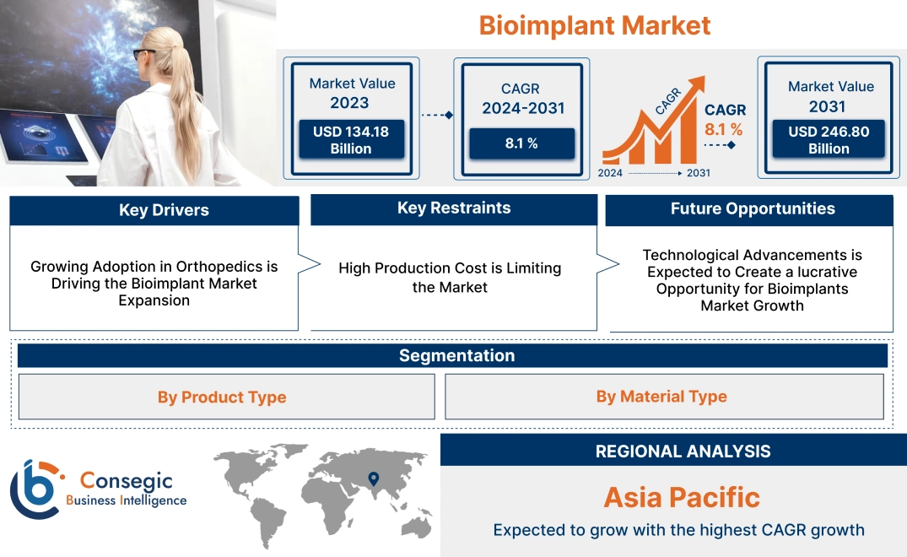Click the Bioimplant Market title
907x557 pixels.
pos(595,25)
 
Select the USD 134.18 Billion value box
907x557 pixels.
pos(350,139)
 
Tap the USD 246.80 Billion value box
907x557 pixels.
pos(829,139)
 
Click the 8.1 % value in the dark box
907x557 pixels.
pos(521,143)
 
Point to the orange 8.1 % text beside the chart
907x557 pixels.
pos(723,129)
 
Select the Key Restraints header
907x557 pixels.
pos(454,208)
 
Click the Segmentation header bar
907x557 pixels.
pos(456,355)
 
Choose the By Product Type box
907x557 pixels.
pos(222,397)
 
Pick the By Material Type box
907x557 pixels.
pos(661,397)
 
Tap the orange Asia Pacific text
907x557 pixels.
pos(682,497)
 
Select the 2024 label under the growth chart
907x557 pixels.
pos(611,173)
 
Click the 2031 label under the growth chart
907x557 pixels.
pos(698,173)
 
